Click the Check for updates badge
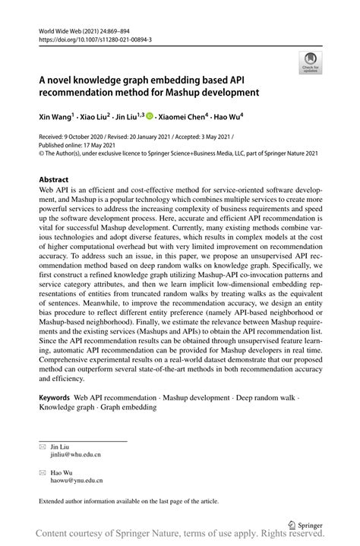tap(310, 62)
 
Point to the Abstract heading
tap(58, 181)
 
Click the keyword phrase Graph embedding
tap(128, 407)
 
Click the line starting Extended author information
tap(129, 501)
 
